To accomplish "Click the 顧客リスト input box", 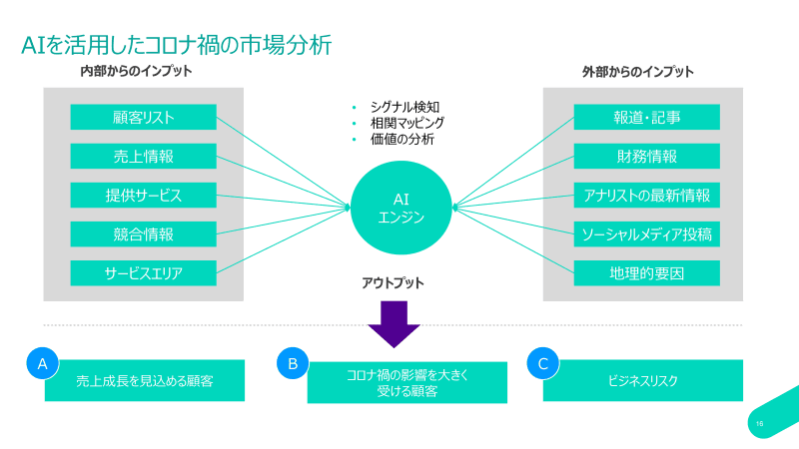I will [144, 117].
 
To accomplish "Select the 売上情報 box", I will [144, 156].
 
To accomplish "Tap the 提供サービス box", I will [144, 195].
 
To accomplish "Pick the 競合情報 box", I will [144, 233].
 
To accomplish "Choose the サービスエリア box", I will [144, 272].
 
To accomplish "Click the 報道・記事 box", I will [646, 117].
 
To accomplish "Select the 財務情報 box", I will [646, 156].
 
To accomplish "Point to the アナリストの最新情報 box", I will [646, 195].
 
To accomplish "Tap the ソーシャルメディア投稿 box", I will [646, 233].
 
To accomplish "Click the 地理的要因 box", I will [646, 272].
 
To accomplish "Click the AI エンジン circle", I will [401, 208].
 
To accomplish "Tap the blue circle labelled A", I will [42, 364].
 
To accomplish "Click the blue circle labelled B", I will [293, 364].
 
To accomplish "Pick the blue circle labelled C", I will [542, 364].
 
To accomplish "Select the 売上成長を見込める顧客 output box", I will [145, 381].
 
